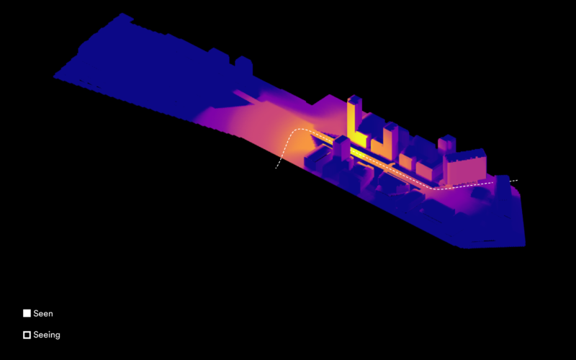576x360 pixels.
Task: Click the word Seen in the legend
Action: tap(43, 313)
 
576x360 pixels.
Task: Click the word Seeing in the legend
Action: tap(47, 335)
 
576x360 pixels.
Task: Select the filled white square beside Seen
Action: tap(27, 313)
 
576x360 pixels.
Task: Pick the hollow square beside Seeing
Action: tap(27, 335)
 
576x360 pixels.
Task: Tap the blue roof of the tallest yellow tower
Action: tap(354, 99)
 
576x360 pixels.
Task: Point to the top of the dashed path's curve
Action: tap(300, 129)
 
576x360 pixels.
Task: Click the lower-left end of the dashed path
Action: tap(276, 168)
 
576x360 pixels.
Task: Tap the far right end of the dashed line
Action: tap(517, 181)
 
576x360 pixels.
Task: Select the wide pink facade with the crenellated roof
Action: tap(466, 170)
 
